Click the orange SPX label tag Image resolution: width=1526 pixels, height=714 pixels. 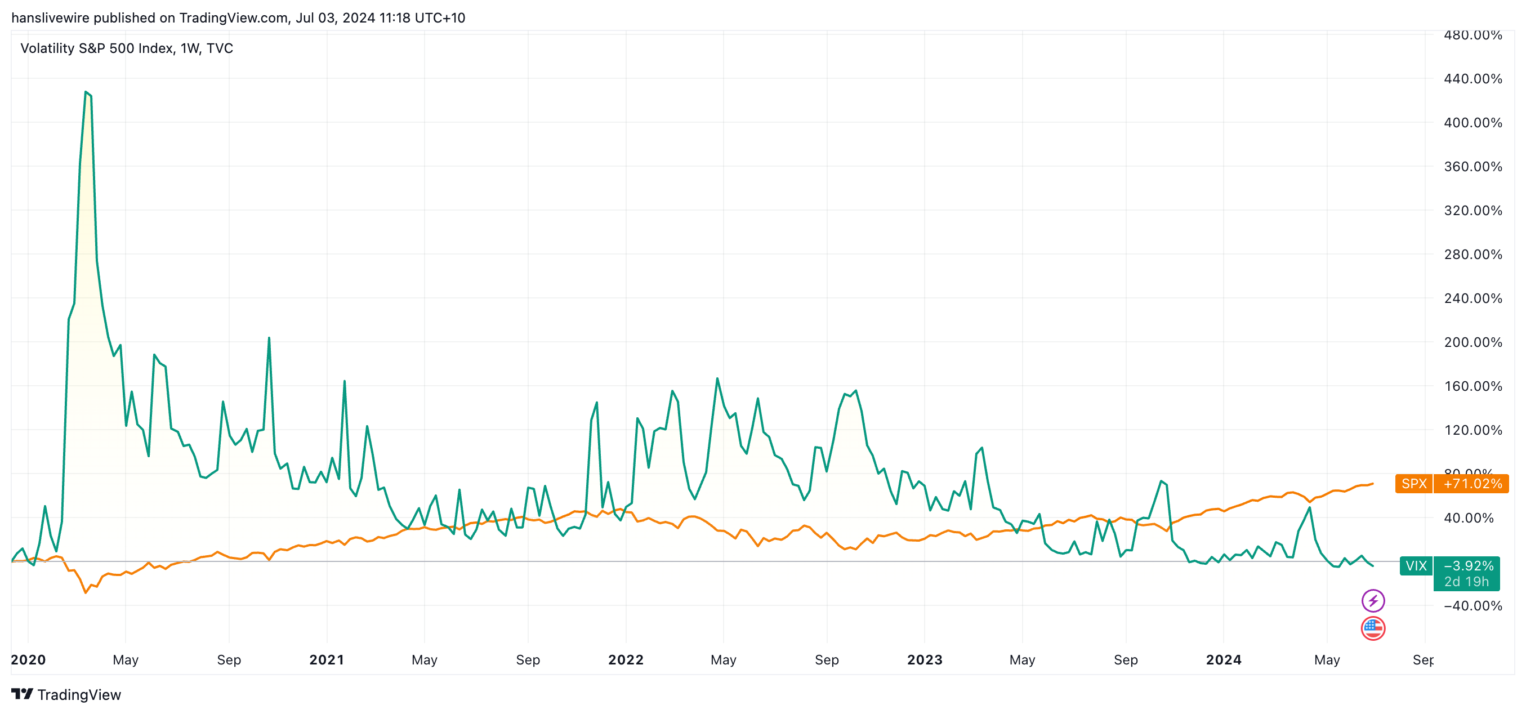click(x=1413, y=484)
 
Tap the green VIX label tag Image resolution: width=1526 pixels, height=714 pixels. click(x=1416, y=566)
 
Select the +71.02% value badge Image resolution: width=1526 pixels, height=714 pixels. click(x=1471, y=484)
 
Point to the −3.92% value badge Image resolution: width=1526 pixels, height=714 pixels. click(x=1467, y=566)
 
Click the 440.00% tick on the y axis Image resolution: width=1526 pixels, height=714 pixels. click(x=1473, y=79)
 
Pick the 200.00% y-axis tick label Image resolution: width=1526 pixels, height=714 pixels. click(x=1473, y=342)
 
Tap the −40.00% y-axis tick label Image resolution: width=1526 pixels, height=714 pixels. click(x=1473, y=605)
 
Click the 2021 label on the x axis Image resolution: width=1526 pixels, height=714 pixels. click(x=327, y=659)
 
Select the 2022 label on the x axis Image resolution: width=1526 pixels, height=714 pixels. click(x=626, y=659)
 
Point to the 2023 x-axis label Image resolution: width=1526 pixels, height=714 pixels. click(x=924, y=659)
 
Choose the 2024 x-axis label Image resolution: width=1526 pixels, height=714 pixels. click(x=1223, y=659)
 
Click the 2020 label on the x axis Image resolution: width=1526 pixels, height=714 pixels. click(x=28, y=659)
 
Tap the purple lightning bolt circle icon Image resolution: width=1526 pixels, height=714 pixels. click(x=1373, y=601)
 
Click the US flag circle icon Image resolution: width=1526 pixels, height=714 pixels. click(x=1373, y=628)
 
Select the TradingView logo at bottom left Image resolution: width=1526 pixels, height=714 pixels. click(x=66, y=694)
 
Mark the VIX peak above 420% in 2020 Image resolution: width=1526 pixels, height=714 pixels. click(x=87, y=92)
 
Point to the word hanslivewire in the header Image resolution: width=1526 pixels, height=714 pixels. click(x=50, y=18)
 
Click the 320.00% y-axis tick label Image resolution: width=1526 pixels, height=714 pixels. click(x=1473, y=211)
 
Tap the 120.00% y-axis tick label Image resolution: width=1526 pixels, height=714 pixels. click(x=1473, y=430)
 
